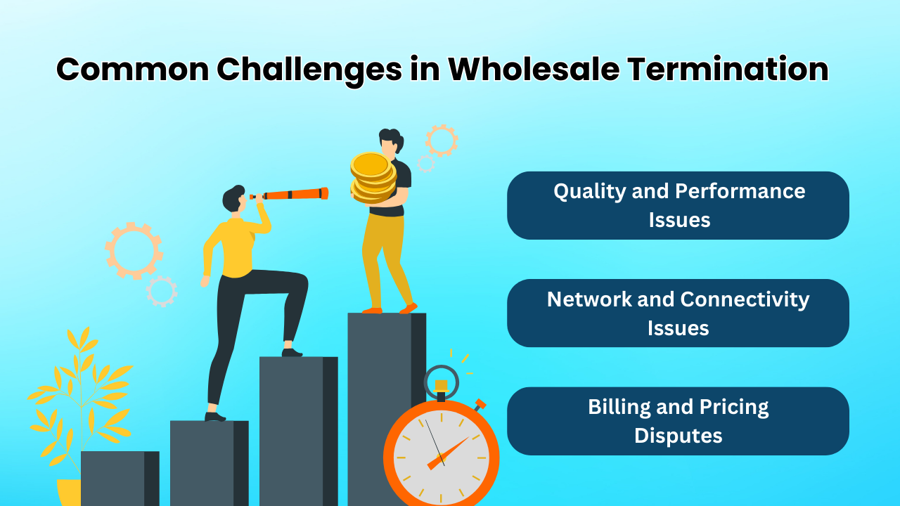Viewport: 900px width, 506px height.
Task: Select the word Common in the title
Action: [x=132, y=70]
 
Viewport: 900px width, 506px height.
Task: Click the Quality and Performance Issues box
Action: [x=678, y=205]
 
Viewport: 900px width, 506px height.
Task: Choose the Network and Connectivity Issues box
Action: [x=678, y=313]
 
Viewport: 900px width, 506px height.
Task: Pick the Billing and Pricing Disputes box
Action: [x=678, y=421]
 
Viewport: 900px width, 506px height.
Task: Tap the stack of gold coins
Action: [x=373, y=177]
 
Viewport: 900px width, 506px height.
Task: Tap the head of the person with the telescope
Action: [x=233, y=199]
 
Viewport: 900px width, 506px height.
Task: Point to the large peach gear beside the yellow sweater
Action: [x=133, y=249]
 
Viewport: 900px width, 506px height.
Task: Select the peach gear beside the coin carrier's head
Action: [x=442, y=141]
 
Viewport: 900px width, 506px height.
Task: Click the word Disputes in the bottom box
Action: [x=678, y=436]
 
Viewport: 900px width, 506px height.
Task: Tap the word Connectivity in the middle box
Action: [x=744, y=299]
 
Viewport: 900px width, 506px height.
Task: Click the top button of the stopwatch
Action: [x=441, y=387]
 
